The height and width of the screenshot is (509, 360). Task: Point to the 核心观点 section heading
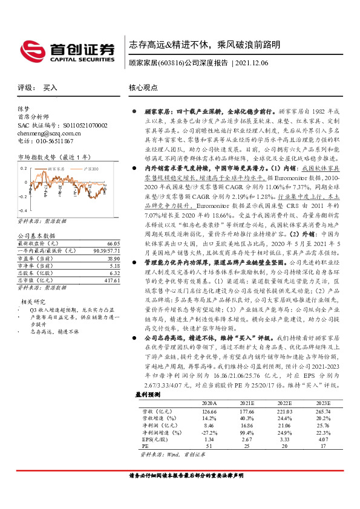144,87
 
